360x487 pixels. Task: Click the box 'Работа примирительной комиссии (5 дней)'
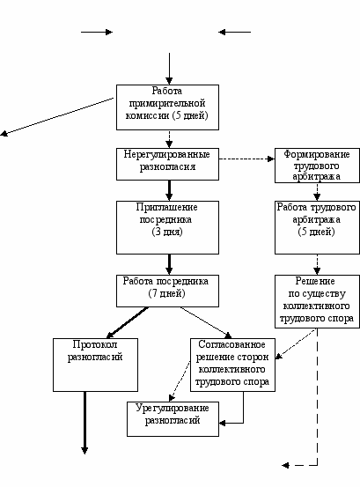click(167, 107)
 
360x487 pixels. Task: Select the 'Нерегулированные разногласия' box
click(167, 164)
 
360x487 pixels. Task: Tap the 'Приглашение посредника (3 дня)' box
click(167, 227)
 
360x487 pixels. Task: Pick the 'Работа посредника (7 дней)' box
click(167, 291)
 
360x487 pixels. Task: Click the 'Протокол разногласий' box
click(95, 365)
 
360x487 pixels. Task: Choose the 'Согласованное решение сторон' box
click(232, 365)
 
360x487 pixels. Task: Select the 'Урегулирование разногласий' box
click(173, 419)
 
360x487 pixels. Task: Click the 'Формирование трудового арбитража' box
click(317, 166)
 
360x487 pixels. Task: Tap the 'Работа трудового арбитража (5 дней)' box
click(317, 227)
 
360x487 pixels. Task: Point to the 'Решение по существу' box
click(317, 301)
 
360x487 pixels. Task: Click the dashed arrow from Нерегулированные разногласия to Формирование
click(247, 159)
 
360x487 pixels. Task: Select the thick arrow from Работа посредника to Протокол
click(128, 322)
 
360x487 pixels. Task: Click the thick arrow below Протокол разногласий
click(84, 423)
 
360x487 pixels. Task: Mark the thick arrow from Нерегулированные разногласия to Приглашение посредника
click(169, 190)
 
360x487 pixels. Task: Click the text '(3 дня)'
click(167, 232)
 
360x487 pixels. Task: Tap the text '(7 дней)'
click(166, 293)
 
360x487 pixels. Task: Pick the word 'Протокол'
click(95, 344)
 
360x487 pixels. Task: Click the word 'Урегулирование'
click(173, 408)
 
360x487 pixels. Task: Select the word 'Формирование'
click(317, 154)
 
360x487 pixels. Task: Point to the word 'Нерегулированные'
click(167, 154)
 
